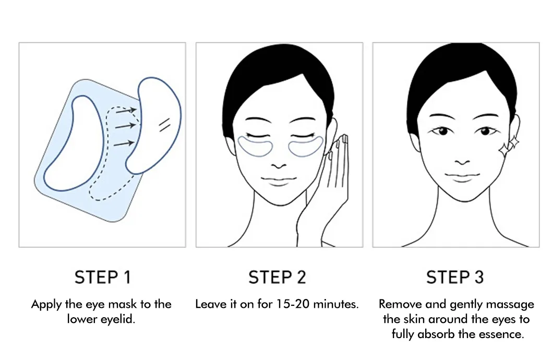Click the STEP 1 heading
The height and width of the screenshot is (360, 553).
coord(102,277)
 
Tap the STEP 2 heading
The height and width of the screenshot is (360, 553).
coord(277,277)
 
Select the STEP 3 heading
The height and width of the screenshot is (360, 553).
coord(454,277)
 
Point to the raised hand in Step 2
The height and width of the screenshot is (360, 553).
coord(334,172)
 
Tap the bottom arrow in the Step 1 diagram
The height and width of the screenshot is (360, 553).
coord(123,142)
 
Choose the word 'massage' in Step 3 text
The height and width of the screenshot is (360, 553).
coord(509,304)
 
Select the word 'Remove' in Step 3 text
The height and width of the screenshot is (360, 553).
coord(399,304)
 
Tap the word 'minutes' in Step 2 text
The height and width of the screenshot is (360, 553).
coord(340,304)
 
